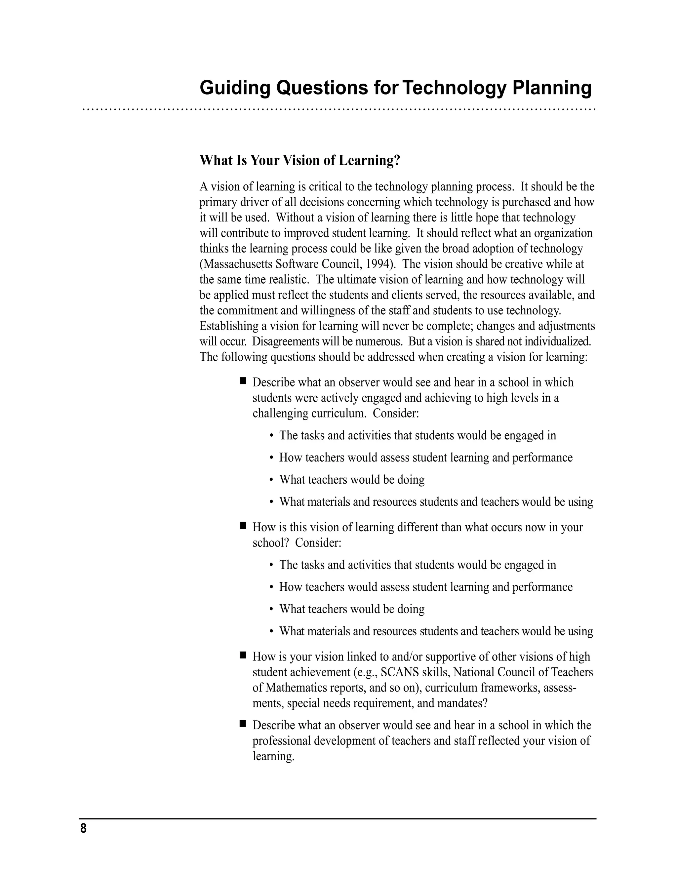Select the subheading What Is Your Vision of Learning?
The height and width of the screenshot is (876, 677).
point(300,160)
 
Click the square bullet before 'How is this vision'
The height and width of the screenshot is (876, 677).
point(242,526)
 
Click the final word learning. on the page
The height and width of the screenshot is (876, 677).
point(273,756)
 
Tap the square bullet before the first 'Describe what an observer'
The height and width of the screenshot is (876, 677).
point(242,380)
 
